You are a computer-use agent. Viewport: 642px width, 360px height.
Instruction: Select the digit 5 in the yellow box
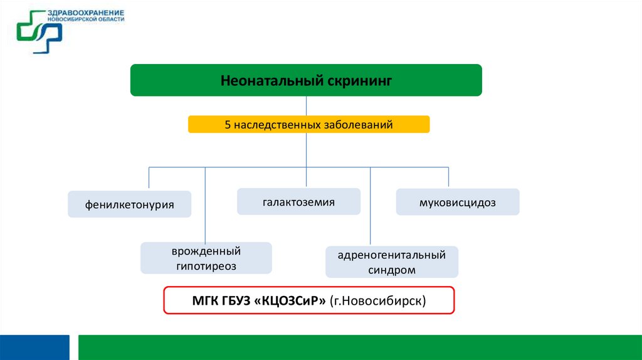coord(228,125)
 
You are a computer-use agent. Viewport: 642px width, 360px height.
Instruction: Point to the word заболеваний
coord(359,125)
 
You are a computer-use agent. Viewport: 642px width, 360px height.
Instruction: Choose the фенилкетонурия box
coord(130,204)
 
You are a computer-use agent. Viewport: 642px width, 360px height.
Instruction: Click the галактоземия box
coord(298,202)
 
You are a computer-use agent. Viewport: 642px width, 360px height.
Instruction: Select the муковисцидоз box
coord(458,202)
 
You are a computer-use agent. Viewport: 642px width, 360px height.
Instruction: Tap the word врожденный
coord(206,251)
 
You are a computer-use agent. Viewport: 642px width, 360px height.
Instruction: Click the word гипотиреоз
coord(206,266)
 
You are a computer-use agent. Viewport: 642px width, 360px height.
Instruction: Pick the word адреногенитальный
coord(392,255)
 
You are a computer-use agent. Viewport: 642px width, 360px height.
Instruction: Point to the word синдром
coord(392,270)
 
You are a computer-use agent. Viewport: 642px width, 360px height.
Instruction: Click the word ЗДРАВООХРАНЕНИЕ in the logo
coord(85,13)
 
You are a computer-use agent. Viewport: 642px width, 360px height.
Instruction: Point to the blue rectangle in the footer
coord(34,347)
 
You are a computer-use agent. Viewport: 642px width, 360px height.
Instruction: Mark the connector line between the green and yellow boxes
coord(306,105)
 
